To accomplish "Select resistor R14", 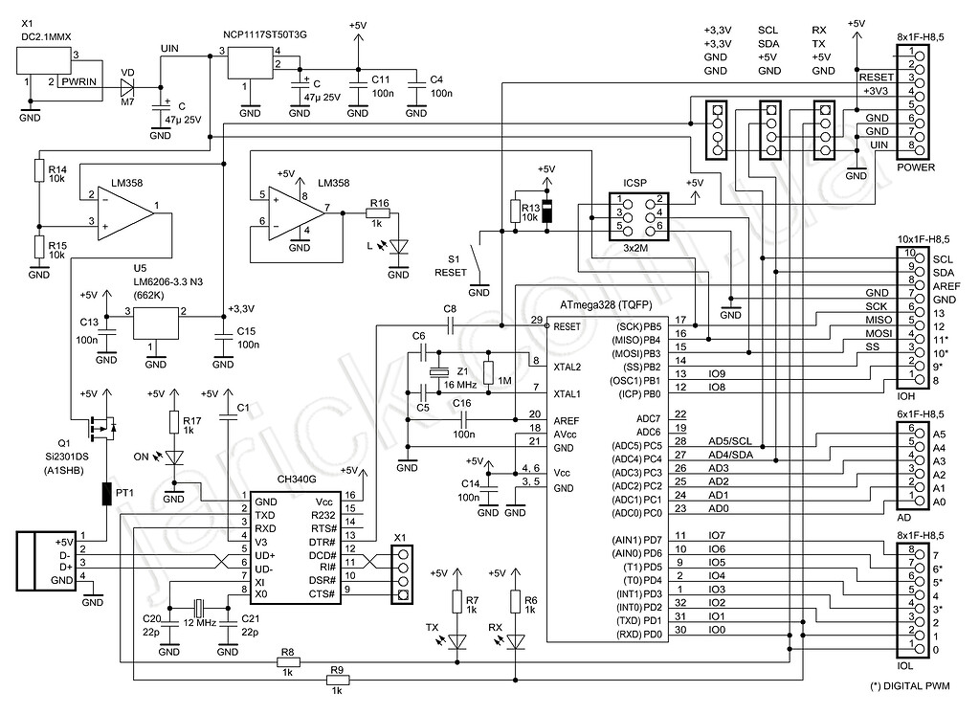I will [39, 171].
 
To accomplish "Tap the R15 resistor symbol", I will [39, 247].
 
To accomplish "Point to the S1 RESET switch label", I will [451, 265].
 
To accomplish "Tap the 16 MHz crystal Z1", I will [438, 374].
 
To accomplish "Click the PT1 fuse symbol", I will [106, 494].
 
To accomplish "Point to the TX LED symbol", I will [456, 639].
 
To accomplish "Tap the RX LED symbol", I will [516, 639].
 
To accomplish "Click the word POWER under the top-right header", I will [916, 167].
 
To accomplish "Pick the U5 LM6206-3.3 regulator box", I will [156, 325].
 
